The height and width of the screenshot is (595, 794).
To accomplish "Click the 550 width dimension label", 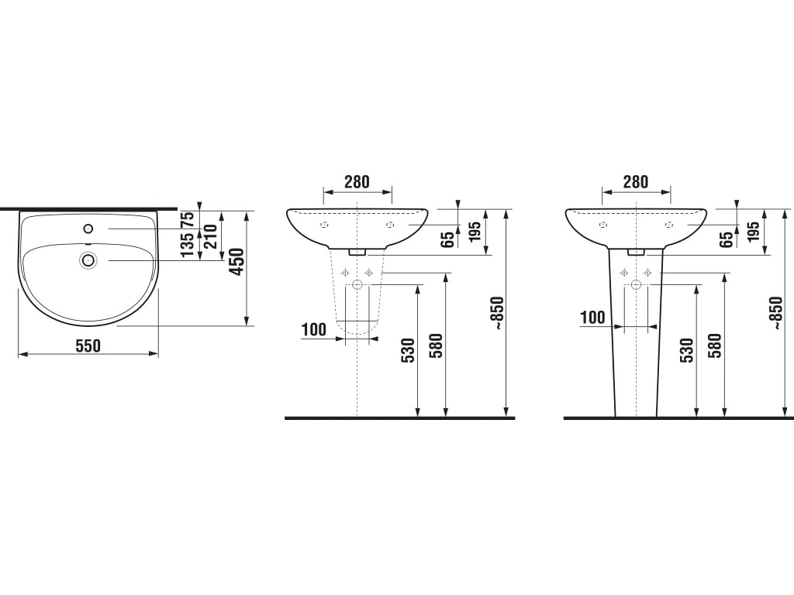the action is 88,346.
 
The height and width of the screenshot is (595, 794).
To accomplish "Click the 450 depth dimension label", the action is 237,262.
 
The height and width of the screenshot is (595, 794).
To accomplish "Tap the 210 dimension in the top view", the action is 209,237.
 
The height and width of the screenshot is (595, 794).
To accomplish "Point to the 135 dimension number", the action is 188,244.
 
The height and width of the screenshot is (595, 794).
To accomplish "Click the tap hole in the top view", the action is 88,229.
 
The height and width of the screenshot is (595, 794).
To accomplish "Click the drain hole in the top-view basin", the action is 88,260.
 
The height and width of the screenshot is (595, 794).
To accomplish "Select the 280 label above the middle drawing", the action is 357,181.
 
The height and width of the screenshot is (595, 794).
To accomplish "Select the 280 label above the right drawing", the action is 636,181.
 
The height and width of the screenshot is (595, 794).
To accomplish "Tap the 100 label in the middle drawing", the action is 314,330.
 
